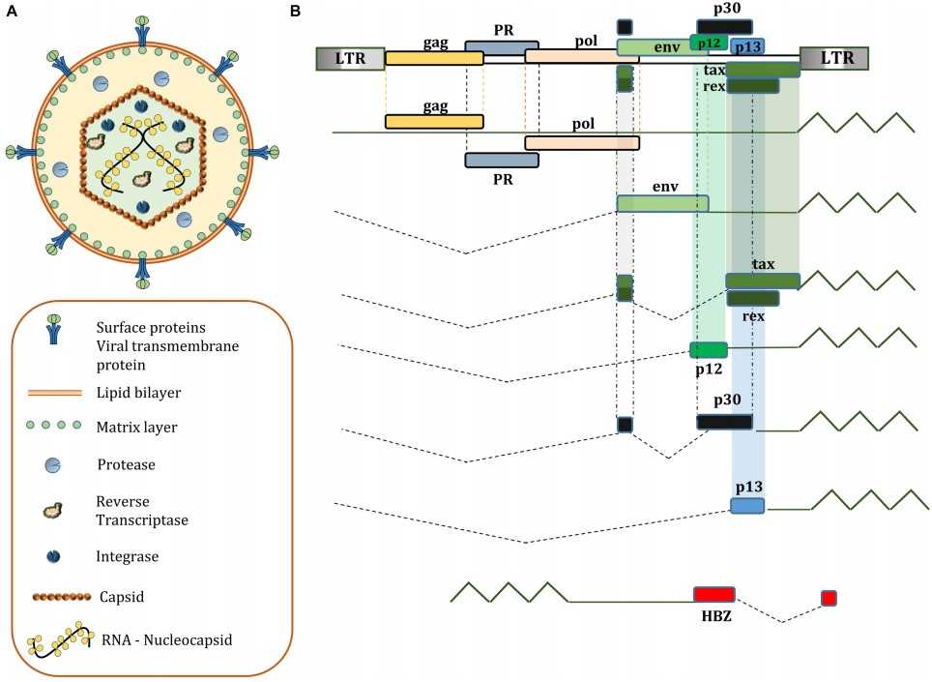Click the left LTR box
tap(350, 59)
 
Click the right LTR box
tap(833, 59)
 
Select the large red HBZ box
tap(714, 594)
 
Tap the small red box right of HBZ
tap(829, 598)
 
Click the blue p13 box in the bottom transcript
tap(746, 506)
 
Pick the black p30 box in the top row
tap(724, 26)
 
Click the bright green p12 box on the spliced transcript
tap(708, 349)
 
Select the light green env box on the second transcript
tap(662, 203)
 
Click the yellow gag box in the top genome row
tap(434, 59)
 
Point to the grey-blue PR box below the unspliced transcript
tap(501, 160)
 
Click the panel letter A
tap(11, 11)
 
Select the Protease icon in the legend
tap(53, 465)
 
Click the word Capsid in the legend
tap(121, 597)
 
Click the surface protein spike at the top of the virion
tap(142, 29)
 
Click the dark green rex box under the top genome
tap(753, 86)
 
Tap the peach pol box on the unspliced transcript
tap(581, 143)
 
